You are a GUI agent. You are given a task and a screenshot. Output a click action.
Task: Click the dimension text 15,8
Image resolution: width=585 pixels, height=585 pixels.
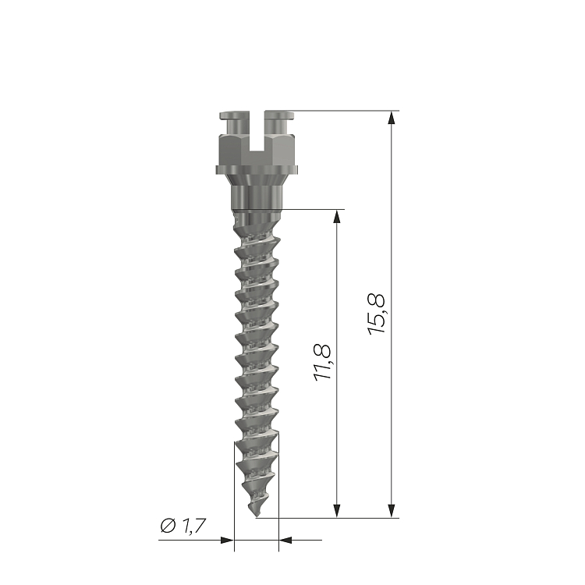coord(376,314)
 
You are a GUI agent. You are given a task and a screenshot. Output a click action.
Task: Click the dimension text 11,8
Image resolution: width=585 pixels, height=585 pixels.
coord(322,362)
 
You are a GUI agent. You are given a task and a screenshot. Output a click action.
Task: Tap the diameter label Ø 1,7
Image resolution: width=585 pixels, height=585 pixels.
coord(183,526)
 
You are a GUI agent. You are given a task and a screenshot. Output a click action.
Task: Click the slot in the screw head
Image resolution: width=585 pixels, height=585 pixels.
coord(257,130)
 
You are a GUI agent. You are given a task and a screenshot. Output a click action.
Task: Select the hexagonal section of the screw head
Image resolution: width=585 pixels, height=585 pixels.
coord(257,151)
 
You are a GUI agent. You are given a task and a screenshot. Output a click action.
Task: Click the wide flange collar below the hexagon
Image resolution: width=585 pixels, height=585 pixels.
coord(257,170)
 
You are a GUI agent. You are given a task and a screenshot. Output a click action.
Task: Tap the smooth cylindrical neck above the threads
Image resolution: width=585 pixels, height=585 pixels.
coord(257,197)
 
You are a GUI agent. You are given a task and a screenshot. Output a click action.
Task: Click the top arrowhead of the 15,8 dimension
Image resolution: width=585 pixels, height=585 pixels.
coord(391,117)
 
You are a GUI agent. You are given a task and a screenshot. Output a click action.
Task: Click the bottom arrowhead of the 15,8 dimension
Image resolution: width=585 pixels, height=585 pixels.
coord(391,511)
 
